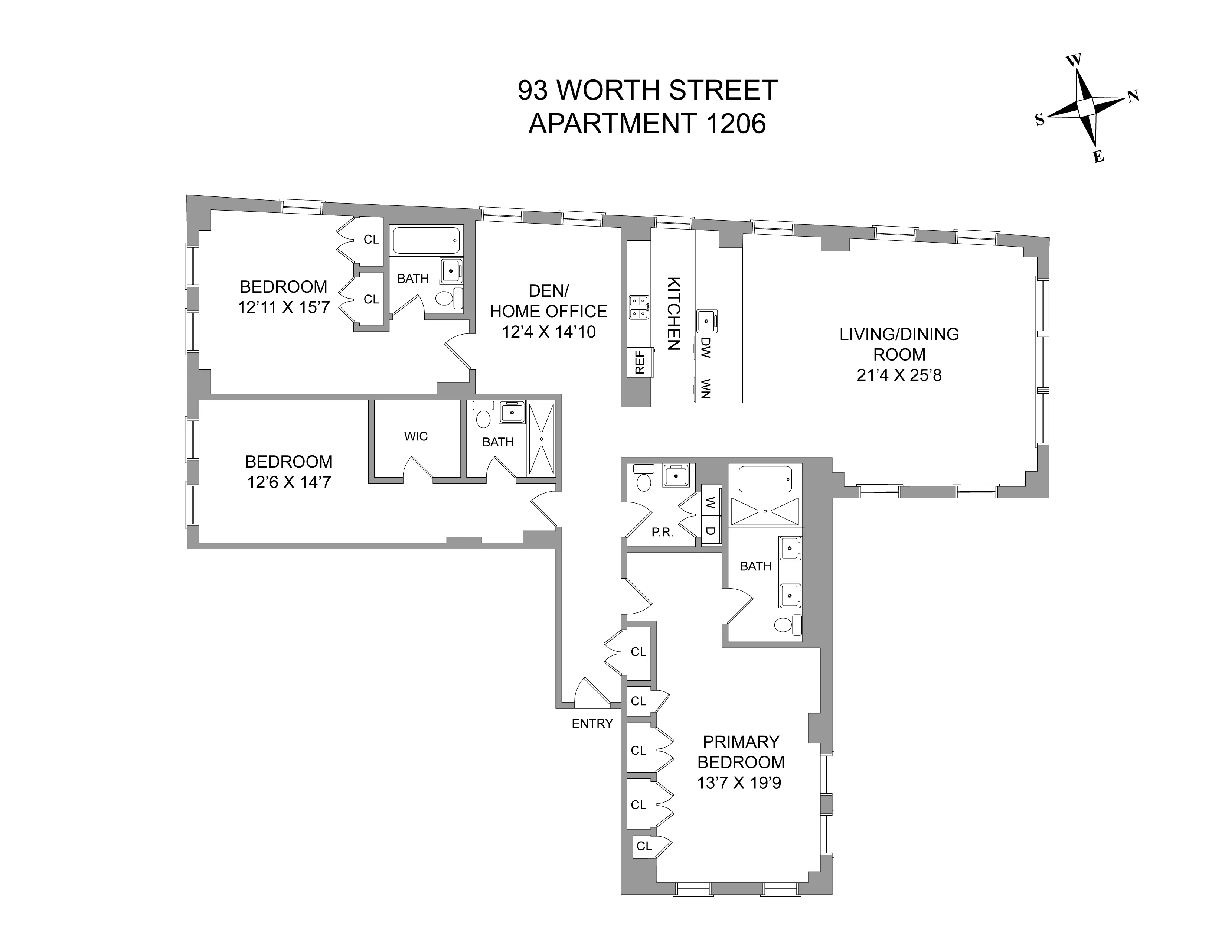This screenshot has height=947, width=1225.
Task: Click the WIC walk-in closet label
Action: tap(416, 436)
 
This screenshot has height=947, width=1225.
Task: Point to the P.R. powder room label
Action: tap(662, 533)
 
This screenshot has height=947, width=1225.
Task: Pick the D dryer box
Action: tap(710, 531)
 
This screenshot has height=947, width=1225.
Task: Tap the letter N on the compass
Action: tap(1133, 97)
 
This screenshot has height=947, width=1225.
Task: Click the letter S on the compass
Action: tap(1040, 120)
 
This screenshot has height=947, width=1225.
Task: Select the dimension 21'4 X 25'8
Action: tap(899, 375)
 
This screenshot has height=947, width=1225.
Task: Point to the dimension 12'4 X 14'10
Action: tap(549, 332)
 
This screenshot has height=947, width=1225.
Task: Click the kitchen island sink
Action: tap(707, 322)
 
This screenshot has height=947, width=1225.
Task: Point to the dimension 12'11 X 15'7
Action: tap(284, 307)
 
